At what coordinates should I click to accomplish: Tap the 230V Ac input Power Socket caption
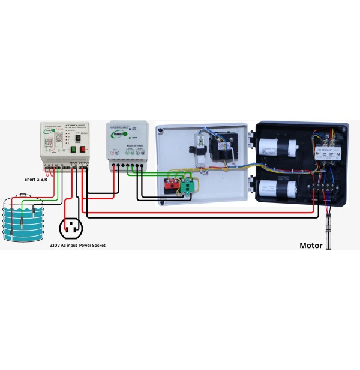pyautogui.click(x=77, y=245)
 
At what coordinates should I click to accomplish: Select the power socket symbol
pyautogui.click(x=71, y=228)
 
